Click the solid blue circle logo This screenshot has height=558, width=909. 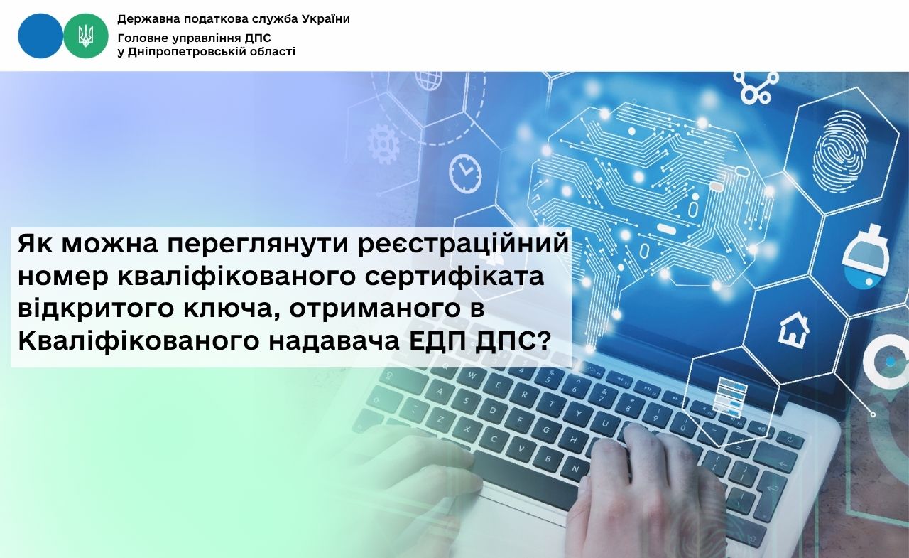[40, 36]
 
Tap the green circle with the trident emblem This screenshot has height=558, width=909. [86, 36]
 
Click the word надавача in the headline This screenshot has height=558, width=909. [334, 341]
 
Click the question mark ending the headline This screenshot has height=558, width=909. [544, 341]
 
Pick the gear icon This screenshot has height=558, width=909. [384, 143]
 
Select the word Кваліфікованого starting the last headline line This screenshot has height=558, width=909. [138, 341]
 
